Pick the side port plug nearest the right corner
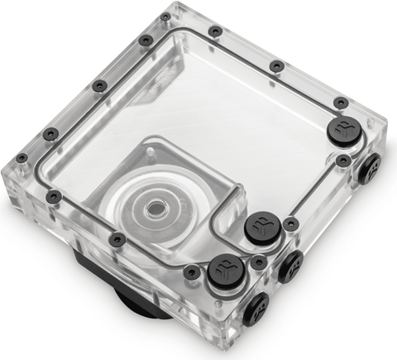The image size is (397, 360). (369, 169)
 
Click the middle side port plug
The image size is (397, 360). (290, 267)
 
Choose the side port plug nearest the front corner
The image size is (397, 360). (256, 309)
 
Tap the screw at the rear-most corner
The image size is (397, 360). (165, 16)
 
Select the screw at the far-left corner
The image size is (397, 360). (22, 157)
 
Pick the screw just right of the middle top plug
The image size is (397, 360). (291, 223)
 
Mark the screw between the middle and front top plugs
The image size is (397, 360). (258, 262)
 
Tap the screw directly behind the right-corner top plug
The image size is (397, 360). (340, 102)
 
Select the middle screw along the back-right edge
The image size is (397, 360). (277, 65)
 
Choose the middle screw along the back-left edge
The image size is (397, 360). (99, 84)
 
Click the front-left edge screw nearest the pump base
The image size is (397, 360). (117, 239)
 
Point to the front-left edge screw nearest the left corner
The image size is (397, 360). (54, 196)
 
